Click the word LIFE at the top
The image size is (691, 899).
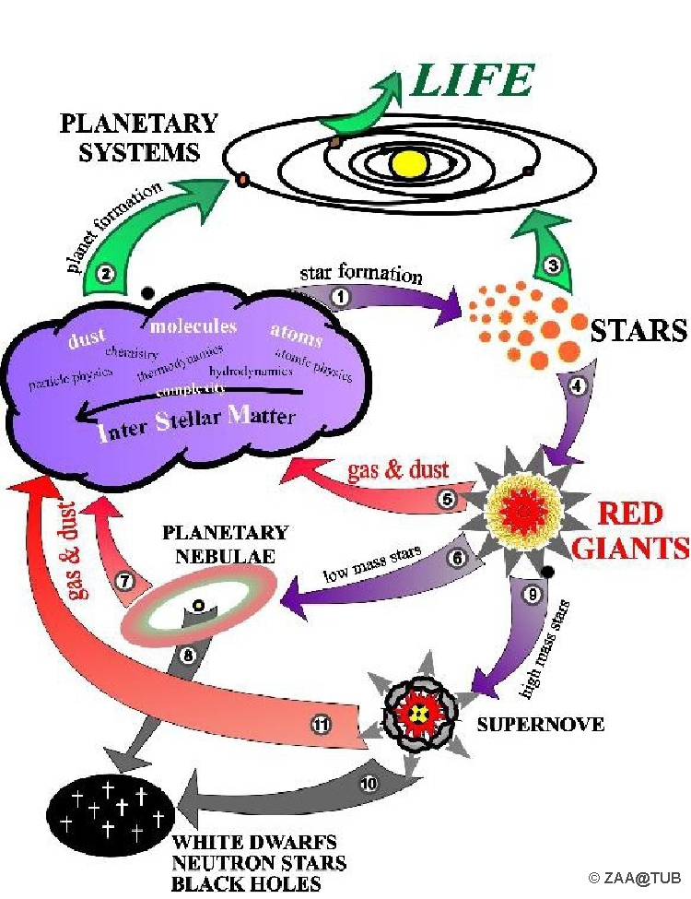(473, 81)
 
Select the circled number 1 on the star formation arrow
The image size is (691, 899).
(340, 296)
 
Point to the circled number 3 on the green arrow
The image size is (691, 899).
(553, 266)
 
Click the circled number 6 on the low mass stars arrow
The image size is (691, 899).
(453, 557)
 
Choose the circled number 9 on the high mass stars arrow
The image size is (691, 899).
(532, 595)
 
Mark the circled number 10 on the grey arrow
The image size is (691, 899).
(368, 785)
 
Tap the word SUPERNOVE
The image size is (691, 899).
(540, 725)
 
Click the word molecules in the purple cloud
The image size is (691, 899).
(193, 327)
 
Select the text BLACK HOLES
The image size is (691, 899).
(247, 883)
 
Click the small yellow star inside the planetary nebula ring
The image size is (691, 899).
(197, 605)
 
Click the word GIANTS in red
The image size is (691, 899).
(630, 549)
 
